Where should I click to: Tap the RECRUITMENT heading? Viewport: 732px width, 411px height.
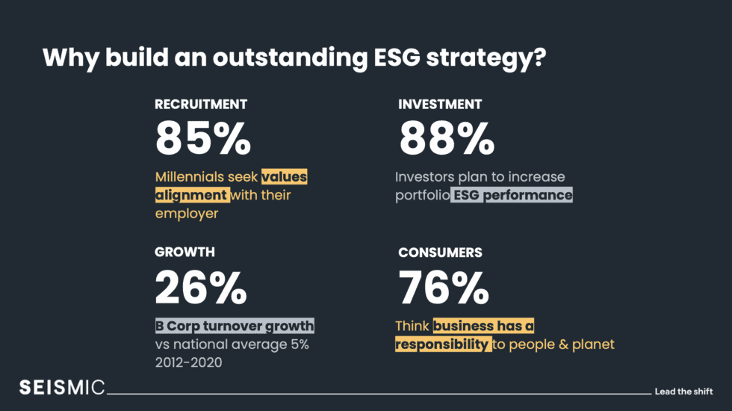pos(201,105)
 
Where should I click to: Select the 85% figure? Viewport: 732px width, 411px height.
pos(203,138)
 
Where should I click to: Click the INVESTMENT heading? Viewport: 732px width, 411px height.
pos(440,105)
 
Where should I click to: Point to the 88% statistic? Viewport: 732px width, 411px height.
pos(447,138)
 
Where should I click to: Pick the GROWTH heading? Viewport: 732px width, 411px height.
pos(184,253)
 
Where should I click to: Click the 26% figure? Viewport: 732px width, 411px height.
pos(201,286)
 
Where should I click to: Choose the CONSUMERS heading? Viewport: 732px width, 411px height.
pos(440,253)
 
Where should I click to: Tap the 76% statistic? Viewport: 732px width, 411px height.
pos(444,286)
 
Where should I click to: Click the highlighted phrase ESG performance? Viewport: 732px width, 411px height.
pos(512,196)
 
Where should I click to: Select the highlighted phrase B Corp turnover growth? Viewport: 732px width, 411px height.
pos(235,327)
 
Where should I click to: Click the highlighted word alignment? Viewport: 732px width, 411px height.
pos(191,196)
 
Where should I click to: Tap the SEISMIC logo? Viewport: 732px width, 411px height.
pos(62,387)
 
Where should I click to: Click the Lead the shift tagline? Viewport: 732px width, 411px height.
pos(683,391)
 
